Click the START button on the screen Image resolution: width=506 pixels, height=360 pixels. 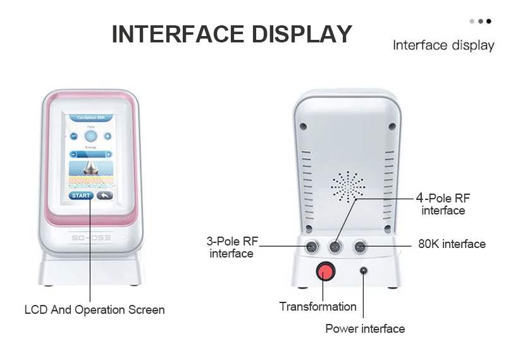pos(80,196)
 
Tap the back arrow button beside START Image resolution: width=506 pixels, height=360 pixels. pos(103,196)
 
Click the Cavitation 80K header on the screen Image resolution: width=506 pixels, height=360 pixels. pos(90,118)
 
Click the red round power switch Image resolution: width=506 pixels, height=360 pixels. pos(324,271)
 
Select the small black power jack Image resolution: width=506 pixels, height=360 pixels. pos(364,271)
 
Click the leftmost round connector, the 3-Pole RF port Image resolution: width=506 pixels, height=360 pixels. pos(311,245)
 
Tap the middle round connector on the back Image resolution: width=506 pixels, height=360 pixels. pos(336,245)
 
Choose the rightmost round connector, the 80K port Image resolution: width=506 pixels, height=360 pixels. pos(361,245)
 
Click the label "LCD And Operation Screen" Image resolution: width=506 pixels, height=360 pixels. pos(94,310)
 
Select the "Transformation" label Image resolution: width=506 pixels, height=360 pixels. pos(318,307)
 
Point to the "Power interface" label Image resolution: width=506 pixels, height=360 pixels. pos(365,328)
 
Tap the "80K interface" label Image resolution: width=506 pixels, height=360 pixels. pos(452,244)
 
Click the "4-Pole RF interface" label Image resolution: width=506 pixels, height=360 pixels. pos(443,204)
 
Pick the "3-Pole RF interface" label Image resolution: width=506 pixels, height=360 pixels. pos(231,247)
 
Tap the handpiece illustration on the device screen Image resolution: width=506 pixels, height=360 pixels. pos(90,168)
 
